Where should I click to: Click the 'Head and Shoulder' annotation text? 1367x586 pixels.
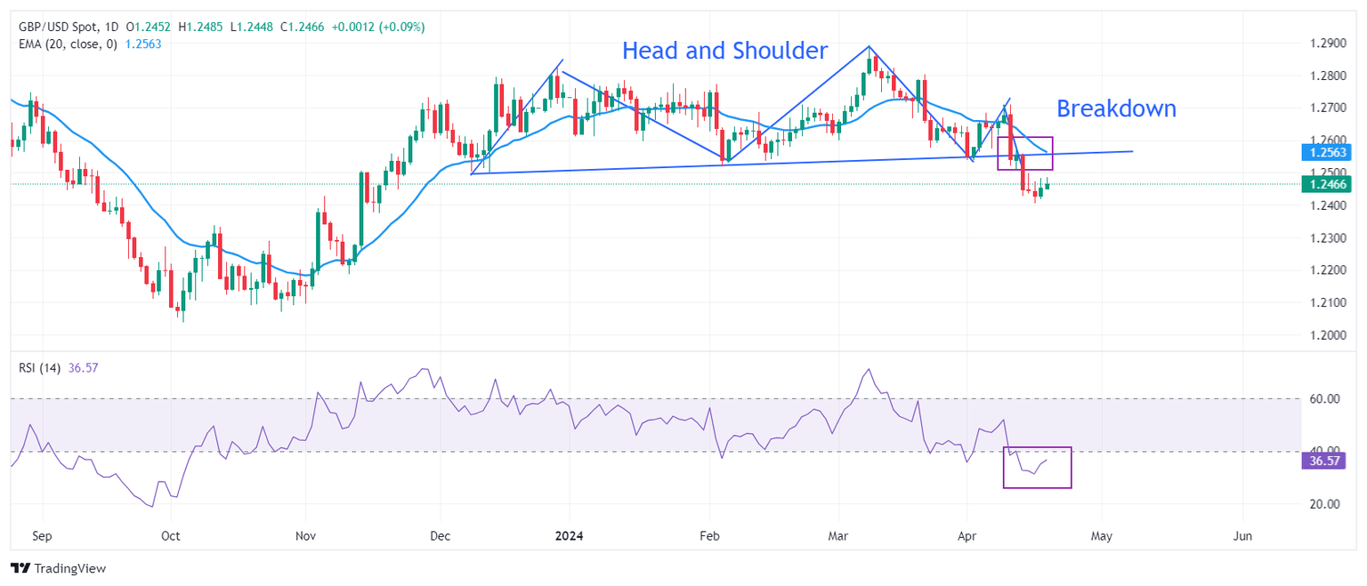click(724, 51)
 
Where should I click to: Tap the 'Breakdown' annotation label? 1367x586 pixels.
click(1116, 108)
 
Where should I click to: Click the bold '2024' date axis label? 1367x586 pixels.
click(569, 536)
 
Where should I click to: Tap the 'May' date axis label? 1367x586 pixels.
click(1102, 536)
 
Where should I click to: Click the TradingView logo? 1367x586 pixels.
click(58, 568)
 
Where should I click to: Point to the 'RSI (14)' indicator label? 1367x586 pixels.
click(39, 368)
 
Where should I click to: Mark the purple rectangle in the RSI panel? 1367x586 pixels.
click(1037, 468)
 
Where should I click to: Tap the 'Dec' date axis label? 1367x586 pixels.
click(440, 536)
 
